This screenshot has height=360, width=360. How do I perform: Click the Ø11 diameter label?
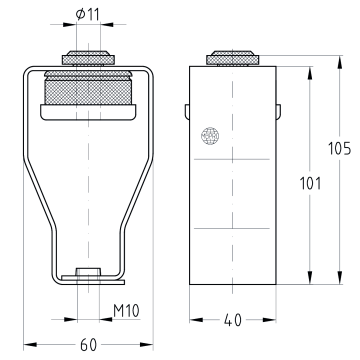point(88,14)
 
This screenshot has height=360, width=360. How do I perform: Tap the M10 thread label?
point(126,311)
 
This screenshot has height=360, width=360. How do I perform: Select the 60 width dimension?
point(88,345)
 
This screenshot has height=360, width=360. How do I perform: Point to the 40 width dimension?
point(233,320)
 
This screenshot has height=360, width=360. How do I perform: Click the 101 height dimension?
point(310,183)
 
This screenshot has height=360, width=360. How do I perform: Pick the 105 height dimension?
point(339,149)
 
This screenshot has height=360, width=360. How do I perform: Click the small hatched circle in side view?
point(210,136)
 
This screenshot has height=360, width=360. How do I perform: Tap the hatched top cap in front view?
point(88,58)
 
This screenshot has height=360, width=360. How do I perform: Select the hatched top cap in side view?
point(233,58)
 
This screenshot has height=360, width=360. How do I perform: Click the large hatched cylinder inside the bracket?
point(88,88)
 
